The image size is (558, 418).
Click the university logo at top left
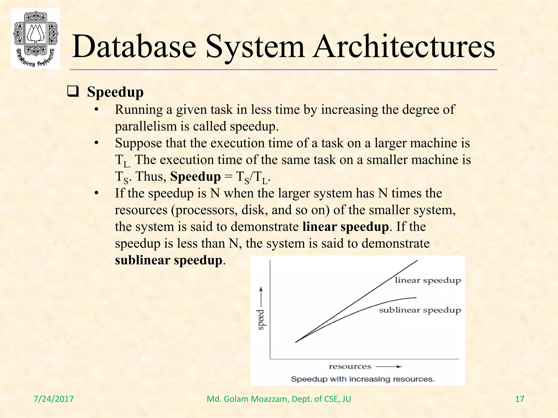click(x=35, y=38)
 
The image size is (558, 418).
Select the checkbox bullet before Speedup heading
click(x=73, y=91)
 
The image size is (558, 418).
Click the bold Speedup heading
click(x=115, y=92)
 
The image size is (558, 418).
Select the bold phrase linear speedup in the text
click(x=345, y=227)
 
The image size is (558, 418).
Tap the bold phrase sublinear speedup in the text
click(x=169, y=260)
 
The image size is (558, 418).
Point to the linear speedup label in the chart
click(x=427, y=280)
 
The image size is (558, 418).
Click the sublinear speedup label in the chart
click(x=420, y=310)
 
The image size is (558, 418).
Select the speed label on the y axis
click(x=261, y=319)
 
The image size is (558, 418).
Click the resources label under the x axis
click(x=350, y=367)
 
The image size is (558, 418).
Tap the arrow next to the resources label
click(x=389, y=367)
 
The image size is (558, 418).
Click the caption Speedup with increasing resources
click(x=362, y=379)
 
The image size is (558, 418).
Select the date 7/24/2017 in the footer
click(x=54, y=399)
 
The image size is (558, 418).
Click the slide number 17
click(x=520, y=399)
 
